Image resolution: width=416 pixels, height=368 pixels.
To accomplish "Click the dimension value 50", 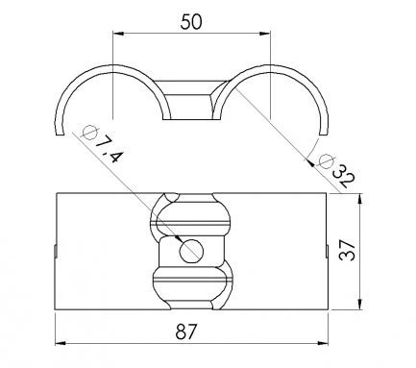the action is pyautogui.click(x=191, y=22).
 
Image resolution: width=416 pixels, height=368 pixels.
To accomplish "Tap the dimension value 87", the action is pyautogui.click(x=185, y=331).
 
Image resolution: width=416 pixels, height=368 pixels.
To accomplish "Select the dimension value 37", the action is pyautogui.click(x=348, y=250).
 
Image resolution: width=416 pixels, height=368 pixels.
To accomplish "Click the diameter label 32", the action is pyautogui.click(x=344, y=176).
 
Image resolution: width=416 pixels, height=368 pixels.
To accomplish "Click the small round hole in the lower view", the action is pyautogui.click(x=191, y=251).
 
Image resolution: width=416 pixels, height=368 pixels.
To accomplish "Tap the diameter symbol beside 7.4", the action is pyautogui.click(x=89, y=132).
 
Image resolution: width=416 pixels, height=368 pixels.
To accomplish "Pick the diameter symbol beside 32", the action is pyautogui.click(x=326, y=161).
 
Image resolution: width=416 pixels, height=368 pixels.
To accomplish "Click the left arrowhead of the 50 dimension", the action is pyautogui.click(x=118, y=33).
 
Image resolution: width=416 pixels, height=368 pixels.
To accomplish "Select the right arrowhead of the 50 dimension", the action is pyautogui.click(x=265, y=33).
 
